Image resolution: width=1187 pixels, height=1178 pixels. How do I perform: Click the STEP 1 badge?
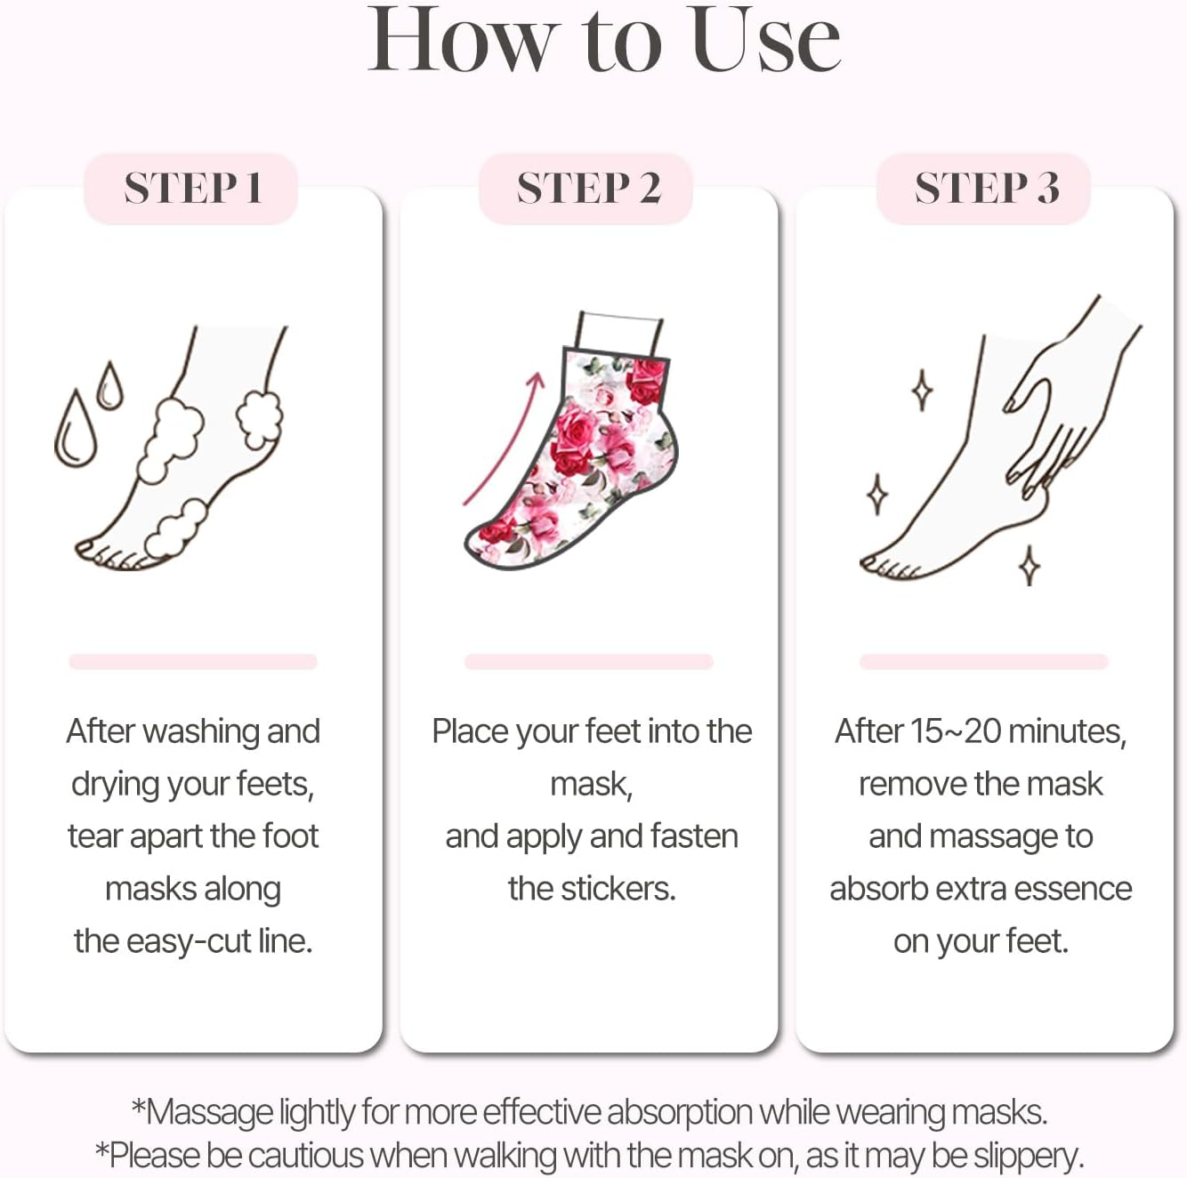pyautogui.click(x=191, y=189)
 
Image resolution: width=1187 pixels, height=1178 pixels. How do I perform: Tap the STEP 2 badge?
pyautogui.click(x=587, y=189)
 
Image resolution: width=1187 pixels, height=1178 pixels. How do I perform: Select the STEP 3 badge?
pyautogui.click(x=985, y=189)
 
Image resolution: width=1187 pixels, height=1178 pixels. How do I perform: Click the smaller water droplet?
pyautogui.click(x=109, y=387)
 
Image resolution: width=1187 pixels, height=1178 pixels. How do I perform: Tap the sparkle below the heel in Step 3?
pyautogui.click(x=1030, y=565)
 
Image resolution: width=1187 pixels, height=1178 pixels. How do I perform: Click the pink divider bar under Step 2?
pyautogui.click(x=588, y=661)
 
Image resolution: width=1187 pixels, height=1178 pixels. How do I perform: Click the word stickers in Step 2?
pyautogui.click(x=617, y=889)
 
